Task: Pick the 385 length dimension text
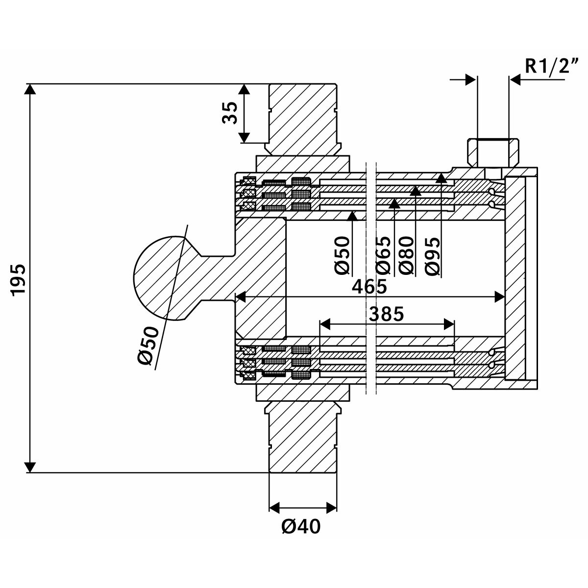pyautogui.click(x=387, y=314)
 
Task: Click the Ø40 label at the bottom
pyautogui.click(x=301, y=527)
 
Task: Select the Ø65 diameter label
pyautogui.click(x=383, y=255)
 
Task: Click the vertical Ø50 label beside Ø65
pyautogui.click(x=343, y=255)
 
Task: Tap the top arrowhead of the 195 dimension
pyautogui.click(x=30, y=90)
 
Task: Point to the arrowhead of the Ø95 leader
pyautogui.click(x=441, y=178)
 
